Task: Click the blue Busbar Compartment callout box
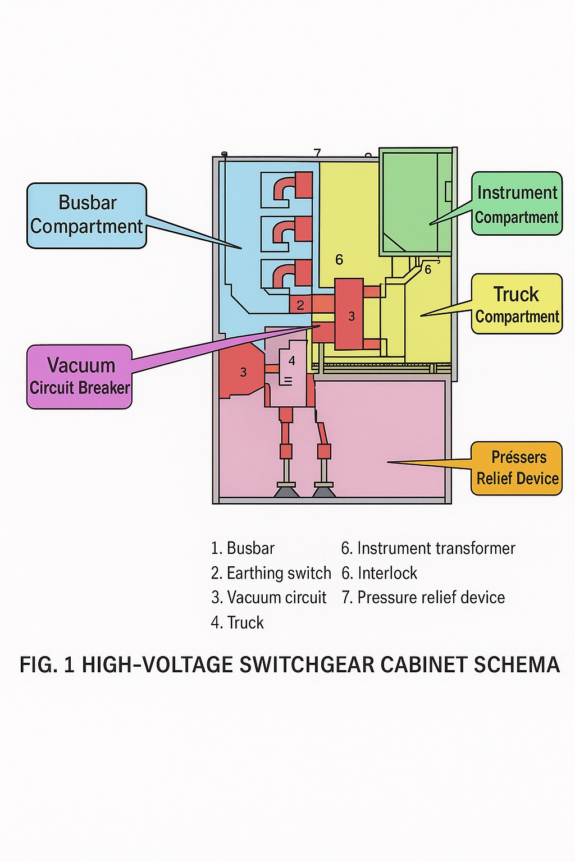pyautogui.click(x=87, y=215)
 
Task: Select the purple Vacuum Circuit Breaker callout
pyautogui.click(x=80, y=377)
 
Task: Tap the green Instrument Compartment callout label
pyautogui.click(x=517, y=204)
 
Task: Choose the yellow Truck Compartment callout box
pyautogui.click(x=517, y=304)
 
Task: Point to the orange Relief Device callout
pyautogui.click(x=517, y=468)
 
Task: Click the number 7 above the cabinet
pyautogui.click(x=317, y=153)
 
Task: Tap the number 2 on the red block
pyautogui.click(x=300, y=305)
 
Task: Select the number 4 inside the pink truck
pyautogui.click(x=292, y=361)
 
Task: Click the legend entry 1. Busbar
pyautogui.click(x=243, y=548)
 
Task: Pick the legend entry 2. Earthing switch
pyautogui.click(x=271, y=573)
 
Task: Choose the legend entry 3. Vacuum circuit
pyautogui.click(x=269, y=598)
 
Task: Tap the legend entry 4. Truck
pyautogui.click(x=238, y=622)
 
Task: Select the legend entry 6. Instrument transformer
pyautogui.click(x=428, y=548)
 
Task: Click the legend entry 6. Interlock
pyautogui.click(x=380, y=573)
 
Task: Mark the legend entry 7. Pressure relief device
pyautogui.click(x=423, y=598)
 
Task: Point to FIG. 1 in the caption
pyautogui.click(x=47, y=665)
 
